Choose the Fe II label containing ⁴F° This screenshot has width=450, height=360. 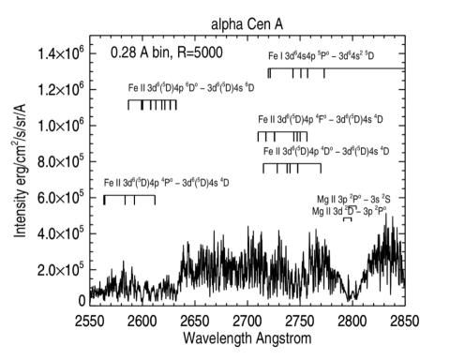click(329, 122)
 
